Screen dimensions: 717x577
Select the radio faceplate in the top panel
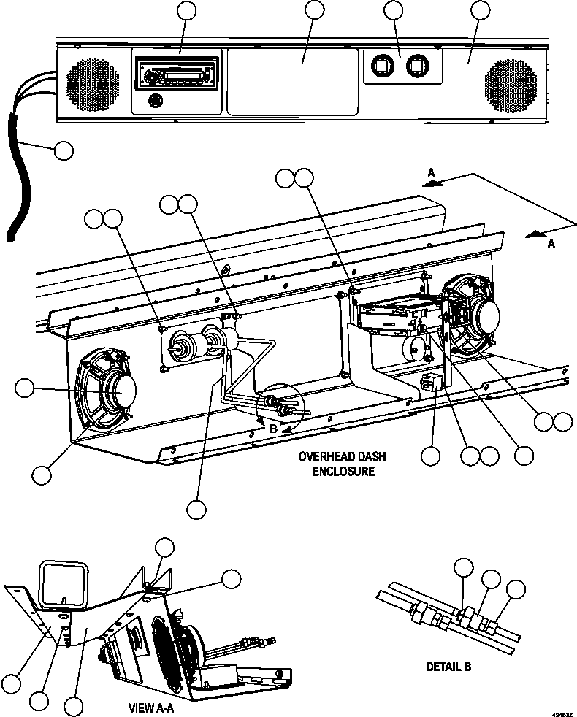[x=175, y=74]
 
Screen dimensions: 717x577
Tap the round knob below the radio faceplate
[x=154, y=101]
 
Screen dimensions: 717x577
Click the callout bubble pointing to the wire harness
[x=64, y=150]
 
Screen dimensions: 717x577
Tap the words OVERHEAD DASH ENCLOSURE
[x=343, y=464]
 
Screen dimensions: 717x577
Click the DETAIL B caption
[x=448, y=666]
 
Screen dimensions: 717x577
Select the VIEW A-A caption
[x=150, y=707]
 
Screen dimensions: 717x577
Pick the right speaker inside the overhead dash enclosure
[x=475, y=315]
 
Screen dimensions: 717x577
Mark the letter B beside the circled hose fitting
[x=273, y=429]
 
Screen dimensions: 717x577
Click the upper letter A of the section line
[x=432, y=173]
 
